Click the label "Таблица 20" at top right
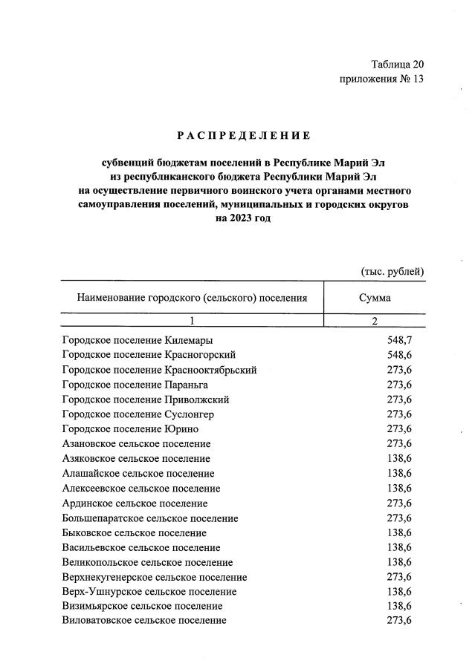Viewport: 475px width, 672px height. (397, 65)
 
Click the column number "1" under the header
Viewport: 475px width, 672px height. (192, 321)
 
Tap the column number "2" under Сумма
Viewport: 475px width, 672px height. (375, 321)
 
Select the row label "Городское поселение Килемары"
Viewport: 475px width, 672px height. (138, 340)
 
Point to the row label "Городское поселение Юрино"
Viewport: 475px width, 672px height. (130, 429)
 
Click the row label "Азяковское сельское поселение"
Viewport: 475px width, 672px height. (136, 459)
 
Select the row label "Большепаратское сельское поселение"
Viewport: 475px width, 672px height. (149, 518)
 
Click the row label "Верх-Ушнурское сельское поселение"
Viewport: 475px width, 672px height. (149, 592)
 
